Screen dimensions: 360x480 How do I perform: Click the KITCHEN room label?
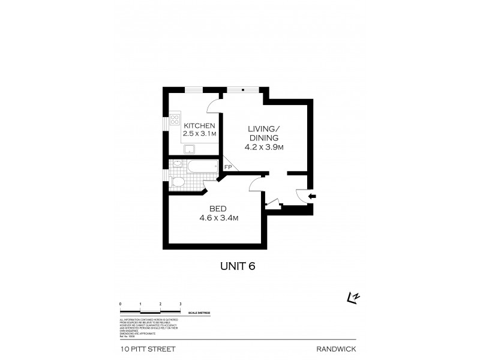pyautogui.click(x=199, y=125)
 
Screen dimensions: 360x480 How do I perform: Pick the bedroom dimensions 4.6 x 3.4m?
pyautogui.click(x=219, y=218)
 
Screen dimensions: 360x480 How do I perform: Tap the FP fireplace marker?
pyautogui.click(x=228, y=167)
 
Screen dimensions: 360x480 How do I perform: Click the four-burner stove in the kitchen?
pyautogui.click(x=176, y=119)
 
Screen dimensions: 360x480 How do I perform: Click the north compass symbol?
pyautogui.click(x=355, y=296)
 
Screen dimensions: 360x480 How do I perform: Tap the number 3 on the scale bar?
pyautogui.click(x=181, y=305)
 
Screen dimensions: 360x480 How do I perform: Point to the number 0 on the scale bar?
pyautogui.click(x=121, y=305)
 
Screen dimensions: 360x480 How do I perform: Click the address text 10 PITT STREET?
pyautogui.click(x=143, y=347)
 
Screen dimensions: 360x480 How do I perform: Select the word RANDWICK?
pyautogui.click(x=334, y=347)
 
